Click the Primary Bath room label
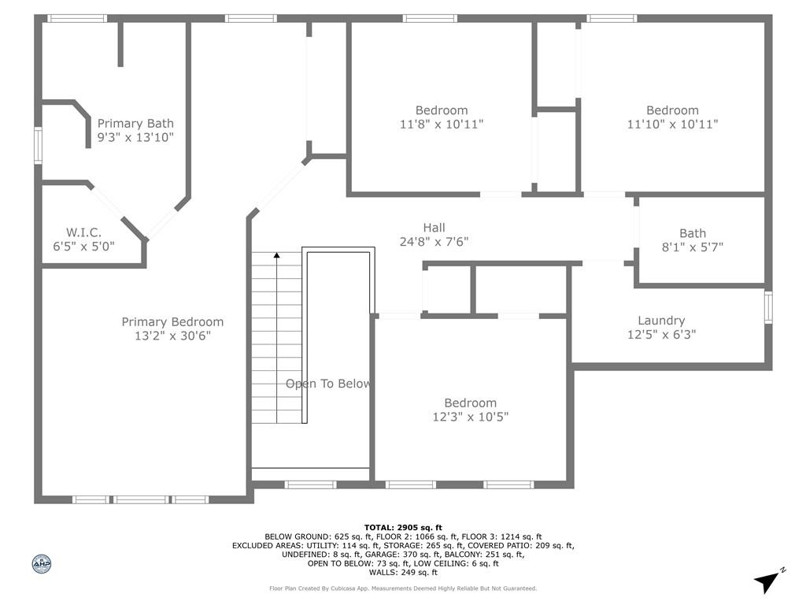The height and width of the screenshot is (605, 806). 135,124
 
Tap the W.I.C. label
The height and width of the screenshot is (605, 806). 83,232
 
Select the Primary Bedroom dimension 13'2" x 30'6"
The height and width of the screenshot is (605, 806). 172,336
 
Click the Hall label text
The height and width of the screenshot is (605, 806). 434,228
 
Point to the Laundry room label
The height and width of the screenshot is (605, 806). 661,321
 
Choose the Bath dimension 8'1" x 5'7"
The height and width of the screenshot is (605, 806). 693,247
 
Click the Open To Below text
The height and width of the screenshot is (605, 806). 328,384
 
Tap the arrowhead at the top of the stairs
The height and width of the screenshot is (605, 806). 276,255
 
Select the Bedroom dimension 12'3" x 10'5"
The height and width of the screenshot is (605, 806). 471,417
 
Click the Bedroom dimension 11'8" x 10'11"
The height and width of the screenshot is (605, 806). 442,124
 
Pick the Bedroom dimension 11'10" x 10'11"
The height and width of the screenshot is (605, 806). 672,124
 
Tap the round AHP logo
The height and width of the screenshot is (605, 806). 41,563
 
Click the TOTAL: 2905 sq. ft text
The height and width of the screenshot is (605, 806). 403,527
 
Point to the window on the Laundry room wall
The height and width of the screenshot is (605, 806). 768,307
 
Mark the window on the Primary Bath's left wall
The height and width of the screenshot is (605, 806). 37,147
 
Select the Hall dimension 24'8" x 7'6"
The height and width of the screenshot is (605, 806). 434,242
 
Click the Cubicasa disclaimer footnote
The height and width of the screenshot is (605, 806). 403,588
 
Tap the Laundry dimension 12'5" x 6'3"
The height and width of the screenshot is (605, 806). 661,334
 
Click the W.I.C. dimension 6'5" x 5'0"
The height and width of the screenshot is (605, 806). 79,246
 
